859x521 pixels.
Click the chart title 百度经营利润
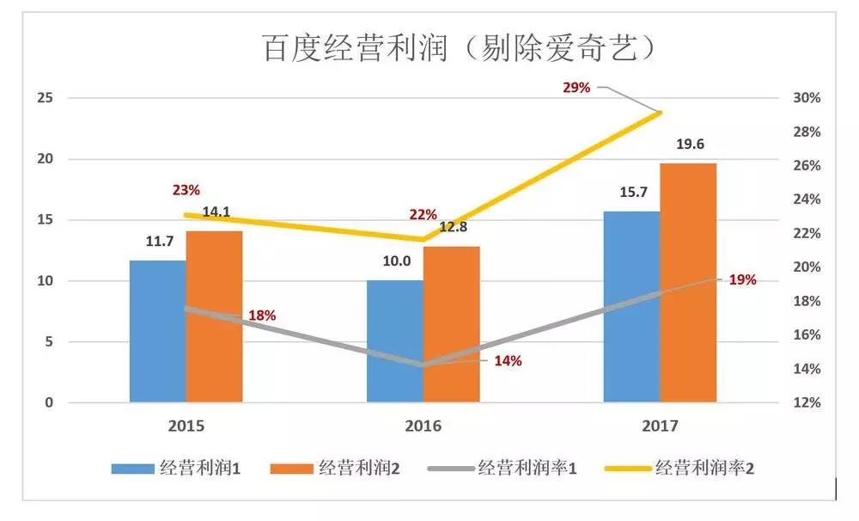(460, 48)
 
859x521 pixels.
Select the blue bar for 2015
(157, 331)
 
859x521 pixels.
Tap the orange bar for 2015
(214, 316)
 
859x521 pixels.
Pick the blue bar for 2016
(394, 341)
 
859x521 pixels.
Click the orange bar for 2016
(451, 324)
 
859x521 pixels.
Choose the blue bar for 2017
(631, 307)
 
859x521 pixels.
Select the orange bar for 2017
(688, 283)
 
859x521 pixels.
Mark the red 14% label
(508, 361)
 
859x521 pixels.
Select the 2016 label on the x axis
(423, 426)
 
